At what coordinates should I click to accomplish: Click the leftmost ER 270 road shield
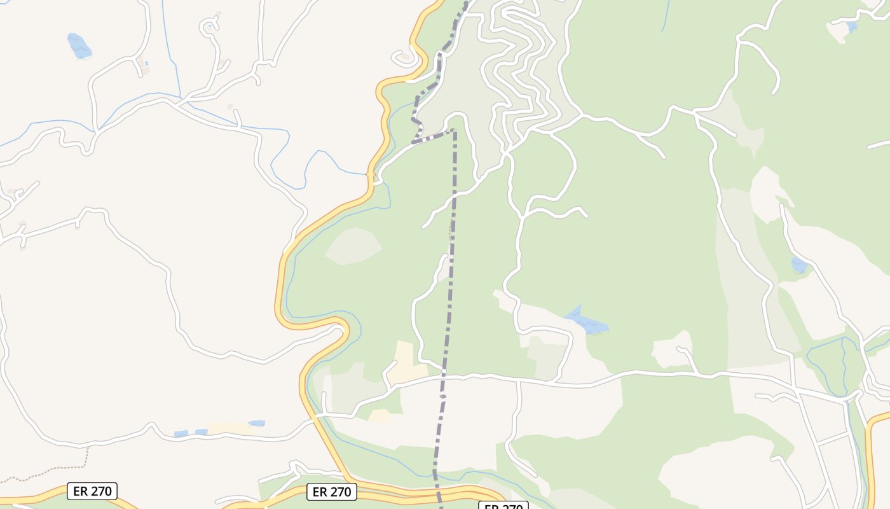tap(92, 491)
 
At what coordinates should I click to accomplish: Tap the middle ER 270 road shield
tap(332, 492)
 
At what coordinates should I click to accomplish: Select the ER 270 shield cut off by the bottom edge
tap(503, 506)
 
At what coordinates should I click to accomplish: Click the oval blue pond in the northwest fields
tap(79, 46)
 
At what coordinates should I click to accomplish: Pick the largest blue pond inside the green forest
tap(586, 322)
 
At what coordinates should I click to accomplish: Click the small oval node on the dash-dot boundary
tap(443, 396)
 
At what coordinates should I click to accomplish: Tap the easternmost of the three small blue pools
tap(257, 423)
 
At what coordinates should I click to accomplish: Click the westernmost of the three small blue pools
tap(181, 434)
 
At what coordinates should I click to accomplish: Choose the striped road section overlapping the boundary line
tap(433, 136)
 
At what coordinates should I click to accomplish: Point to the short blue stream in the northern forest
tap(665, 16)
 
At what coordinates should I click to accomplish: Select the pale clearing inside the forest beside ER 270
tap(353, 246)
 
